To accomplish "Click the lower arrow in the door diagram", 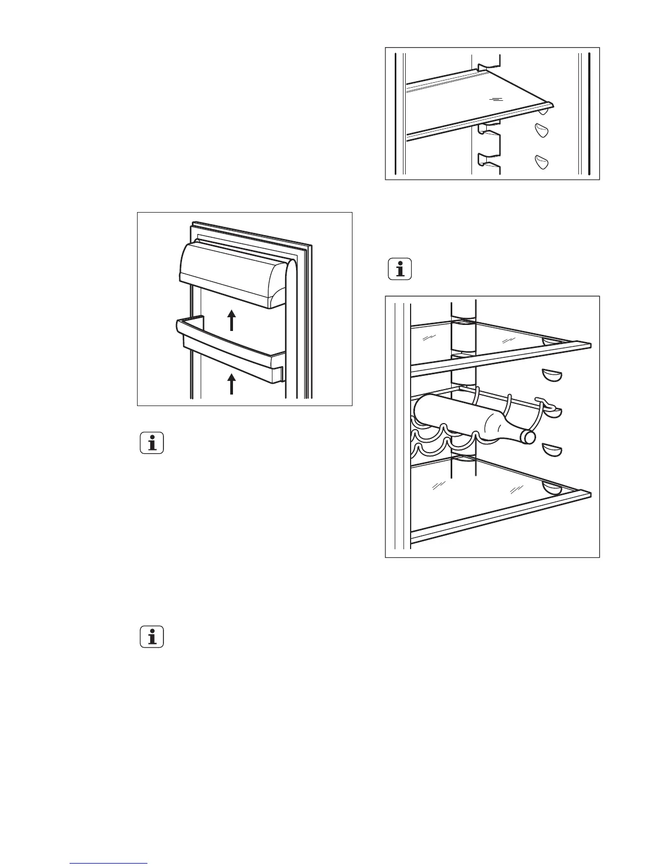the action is pyautogui.click(x=232, y=384).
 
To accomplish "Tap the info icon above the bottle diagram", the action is pyautogui.click(x=400, y=270).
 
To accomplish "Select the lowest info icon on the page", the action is pyautogui.click(x=152, y=637).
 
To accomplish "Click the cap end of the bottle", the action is pyautogui.click(x=529, y=437).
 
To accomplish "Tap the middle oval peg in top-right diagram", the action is pyautogui.click(x=542, y=131).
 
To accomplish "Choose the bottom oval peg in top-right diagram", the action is pyautogui.click(x=542, y=162).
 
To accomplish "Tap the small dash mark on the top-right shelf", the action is pyautogui.click(x=496, y=99).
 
